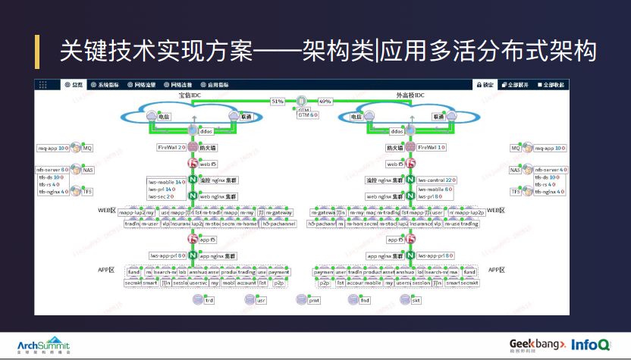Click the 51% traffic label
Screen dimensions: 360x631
278,101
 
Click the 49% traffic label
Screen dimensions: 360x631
325,101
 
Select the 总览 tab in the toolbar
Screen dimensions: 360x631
74,85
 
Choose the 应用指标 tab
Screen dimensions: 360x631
216,85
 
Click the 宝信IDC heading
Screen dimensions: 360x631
190,95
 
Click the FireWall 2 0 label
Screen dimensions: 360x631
171,147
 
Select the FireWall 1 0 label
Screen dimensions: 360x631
431,147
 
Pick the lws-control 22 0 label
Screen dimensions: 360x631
435,180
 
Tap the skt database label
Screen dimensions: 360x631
416,300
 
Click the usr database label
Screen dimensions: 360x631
261,300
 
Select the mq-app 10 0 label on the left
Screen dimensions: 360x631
54,148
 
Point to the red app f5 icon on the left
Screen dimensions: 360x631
193,239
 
